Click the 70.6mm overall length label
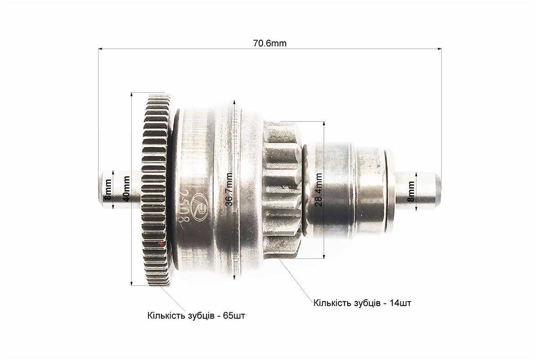pos(269,44)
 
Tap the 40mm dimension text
pos(126,189)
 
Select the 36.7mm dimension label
pos(229,189)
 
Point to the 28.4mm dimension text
pos(318,189)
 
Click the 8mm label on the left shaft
pos(108,190)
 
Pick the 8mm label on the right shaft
pos(411,191)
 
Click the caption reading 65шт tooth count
pos(196,315)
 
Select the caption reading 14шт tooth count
pos(362,303)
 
